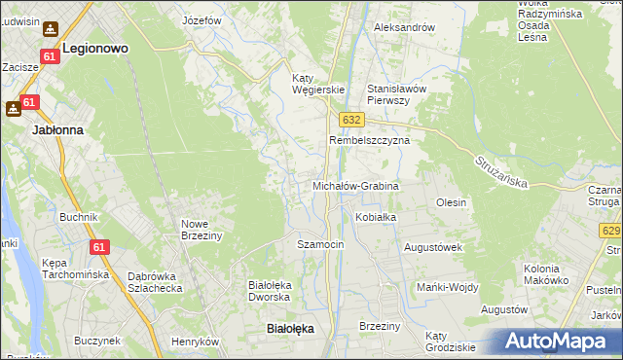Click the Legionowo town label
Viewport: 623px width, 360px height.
point(95,47)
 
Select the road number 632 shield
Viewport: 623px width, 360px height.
point(351,119)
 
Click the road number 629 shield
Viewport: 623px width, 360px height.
point(610,231)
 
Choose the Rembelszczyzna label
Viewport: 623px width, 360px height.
point(369,140)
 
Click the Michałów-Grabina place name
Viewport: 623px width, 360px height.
point(355,185)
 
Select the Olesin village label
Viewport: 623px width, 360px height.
point(451,202)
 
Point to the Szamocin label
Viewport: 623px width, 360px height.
point(320,244)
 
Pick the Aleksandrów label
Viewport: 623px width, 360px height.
point(404,27)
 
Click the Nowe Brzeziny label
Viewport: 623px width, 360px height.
point(202,230)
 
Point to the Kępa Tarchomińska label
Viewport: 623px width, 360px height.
point(75,269)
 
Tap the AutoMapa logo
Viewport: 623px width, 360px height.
point(554,341)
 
